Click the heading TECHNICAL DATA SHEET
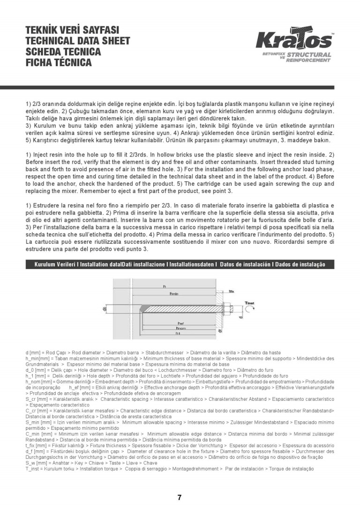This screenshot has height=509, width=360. click(78, 41)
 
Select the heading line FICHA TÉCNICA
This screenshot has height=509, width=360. click(59, 62)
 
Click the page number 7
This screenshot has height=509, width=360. click(180, 497)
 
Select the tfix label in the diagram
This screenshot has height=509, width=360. click(231, 291)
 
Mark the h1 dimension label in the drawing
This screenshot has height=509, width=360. click(178, 334)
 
